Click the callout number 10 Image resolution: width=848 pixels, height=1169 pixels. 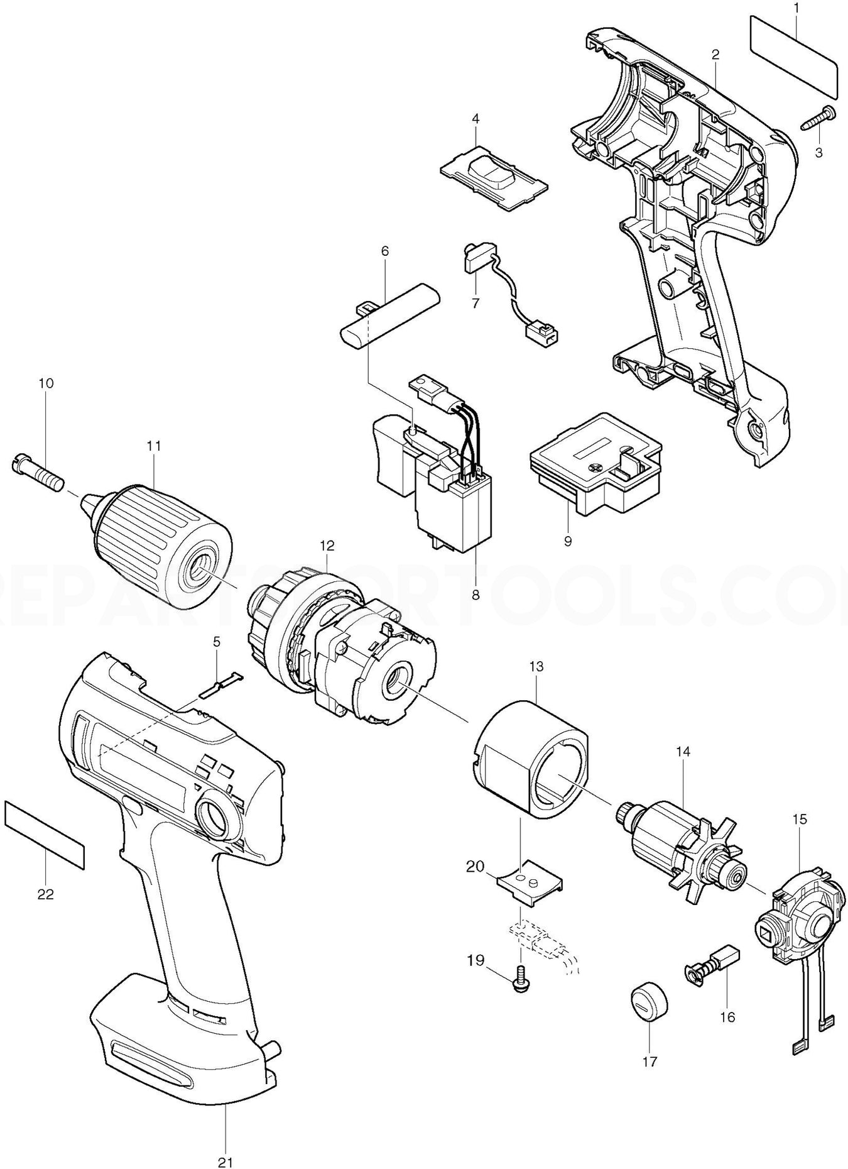(x=46, y=383)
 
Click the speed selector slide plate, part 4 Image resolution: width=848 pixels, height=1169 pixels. (x=494, y=172)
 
